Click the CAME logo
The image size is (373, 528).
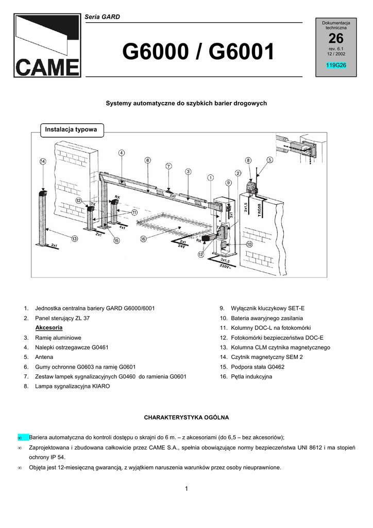pyautogui.click(x=47, y=46)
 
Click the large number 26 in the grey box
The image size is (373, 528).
pyautogui.click(x=335, y=38)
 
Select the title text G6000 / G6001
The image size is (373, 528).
pyautogui.click(x=198, y=52)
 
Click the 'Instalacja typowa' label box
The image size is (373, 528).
pyautogui.click(x=71, y=129)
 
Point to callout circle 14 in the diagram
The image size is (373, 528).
pyautogui.click(x=43, y=161)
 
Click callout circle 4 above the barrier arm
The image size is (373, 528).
pyautogui.click(x=121, y=153)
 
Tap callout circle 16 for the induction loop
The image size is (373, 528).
pyautogui.click(x=143, y=239)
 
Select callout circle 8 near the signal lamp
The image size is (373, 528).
pyautogui.click(x=248, y=160)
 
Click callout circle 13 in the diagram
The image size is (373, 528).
pyautogui.click(x=75, y=238)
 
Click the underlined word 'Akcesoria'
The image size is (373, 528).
pyautogui.click(x=49, y=327)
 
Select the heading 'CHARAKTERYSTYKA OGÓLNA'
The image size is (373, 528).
pyautogui.click(x=186, y=416)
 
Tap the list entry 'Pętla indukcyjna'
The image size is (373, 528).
pyautogui.click(x=251, y=376)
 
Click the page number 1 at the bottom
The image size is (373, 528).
pyautogui.click(x=186, y=488)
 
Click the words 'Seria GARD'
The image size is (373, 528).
pyautogui.click(x=102, y=17)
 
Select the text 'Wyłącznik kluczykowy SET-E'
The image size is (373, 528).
pyautogui.click(x=268, y=308)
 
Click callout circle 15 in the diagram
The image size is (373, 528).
pyautogui.click(x=116, y=240)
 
